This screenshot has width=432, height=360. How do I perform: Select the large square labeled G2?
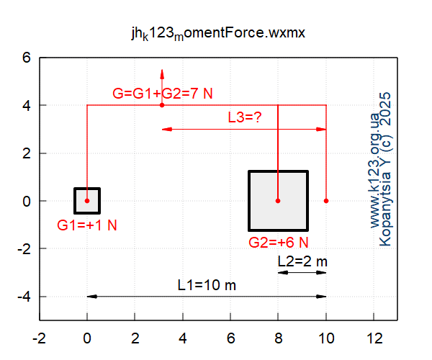pyautogui.click(x=278, y=200)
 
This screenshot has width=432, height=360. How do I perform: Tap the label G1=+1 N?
pyautogui.click(x=87, y=225)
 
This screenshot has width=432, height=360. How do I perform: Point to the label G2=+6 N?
pyautogui.click(x=279, y=242)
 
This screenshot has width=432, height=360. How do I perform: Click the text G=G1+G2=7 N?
pyautogui.click(x=163, y=94)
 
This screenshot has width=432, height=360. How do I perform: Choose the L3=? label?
pyautogui.click(x=244, y=117)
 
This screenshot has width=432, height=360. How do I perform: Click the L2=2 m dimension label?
pyautogui.click(x=302, y=262)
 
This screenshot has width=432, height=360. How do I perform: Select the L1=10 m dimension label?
pyautogui.click(x=207, y=285)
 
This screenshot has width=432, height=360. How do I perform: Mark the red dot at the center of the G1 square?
pyautogui.click(x=87, y=201)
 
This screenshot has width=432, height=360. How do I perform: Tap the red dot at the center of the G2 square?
pyautogui.click(x=278, y=201)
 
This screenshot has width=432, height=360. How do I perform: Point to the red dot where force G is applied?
pyautogui.click(x=162, y=105)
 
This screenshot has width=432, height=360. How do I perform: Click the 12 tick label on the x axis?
pyautogui.click(x=374, y=337)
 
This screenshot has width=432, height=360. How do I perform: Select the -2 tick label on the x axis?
pyautogui.click(x=39, y=337)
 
